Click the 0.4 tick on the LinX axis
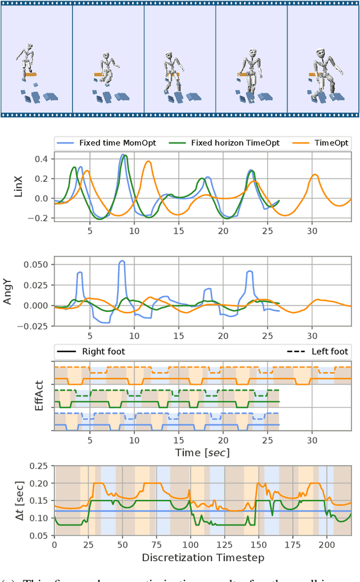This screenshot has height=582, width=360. (41, 159)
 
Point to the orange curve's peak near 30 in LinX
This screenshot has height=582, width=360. (316, 175)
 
